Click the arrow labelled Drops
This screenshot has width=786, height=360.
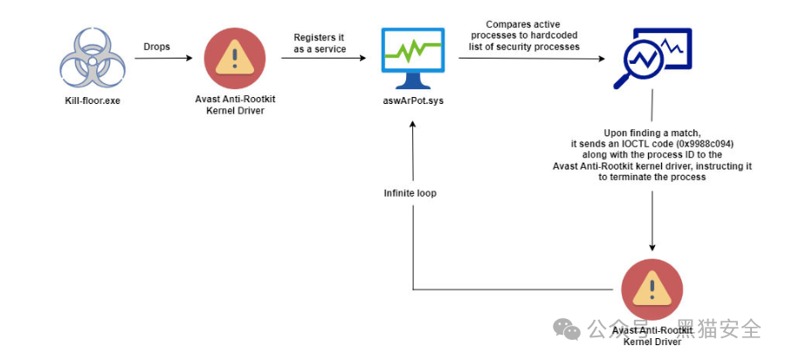tap(162, 59)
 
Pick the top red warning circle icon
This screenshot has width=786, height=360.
tap(235, 57)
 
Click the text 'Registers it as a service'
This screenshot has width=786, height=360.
tap(319, 43)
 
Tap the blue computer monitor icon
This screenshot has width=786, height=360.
tap(412, 58)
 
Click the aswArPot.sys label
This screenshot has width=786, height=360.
tap(412, 101)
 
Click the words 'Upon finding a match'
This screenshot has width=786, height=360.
tap(652, 132)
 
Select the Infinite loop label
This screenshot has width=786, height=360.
tap(410, 192)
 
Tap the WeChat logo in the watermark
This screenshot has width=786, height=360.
tap(569, 329)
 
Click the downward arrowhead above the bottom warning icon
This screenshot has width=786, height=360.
tap(652, 246)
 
